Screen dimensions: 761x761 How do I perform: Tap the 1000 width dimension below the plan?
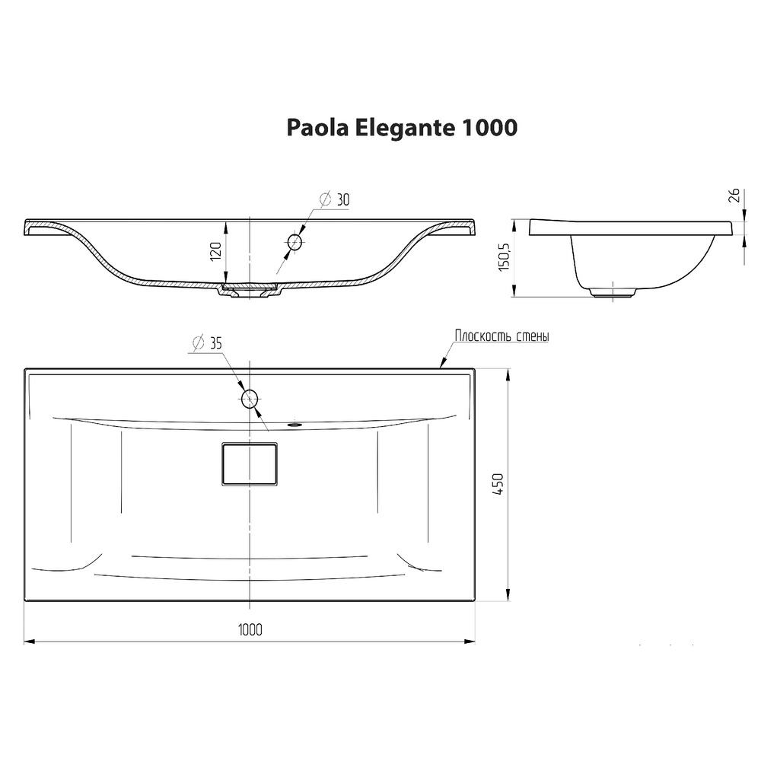(x=250, y=629)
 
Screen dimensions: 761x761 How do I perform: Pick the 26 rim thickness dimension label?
(x=734, y=195)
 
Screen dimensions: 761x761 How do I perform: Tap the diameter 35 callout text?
(x=206, y=343)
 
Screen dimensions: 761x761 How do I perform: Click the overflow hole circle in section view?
(x=295, y=243)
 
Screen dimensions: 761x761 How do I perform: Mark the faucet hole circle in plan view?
(x=250, y=398)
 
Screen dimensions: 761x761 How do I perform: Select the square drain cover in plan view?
(x=249, y=463)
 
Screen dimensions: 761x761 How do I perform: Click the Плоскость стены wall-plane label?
(x=501, y=336)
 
